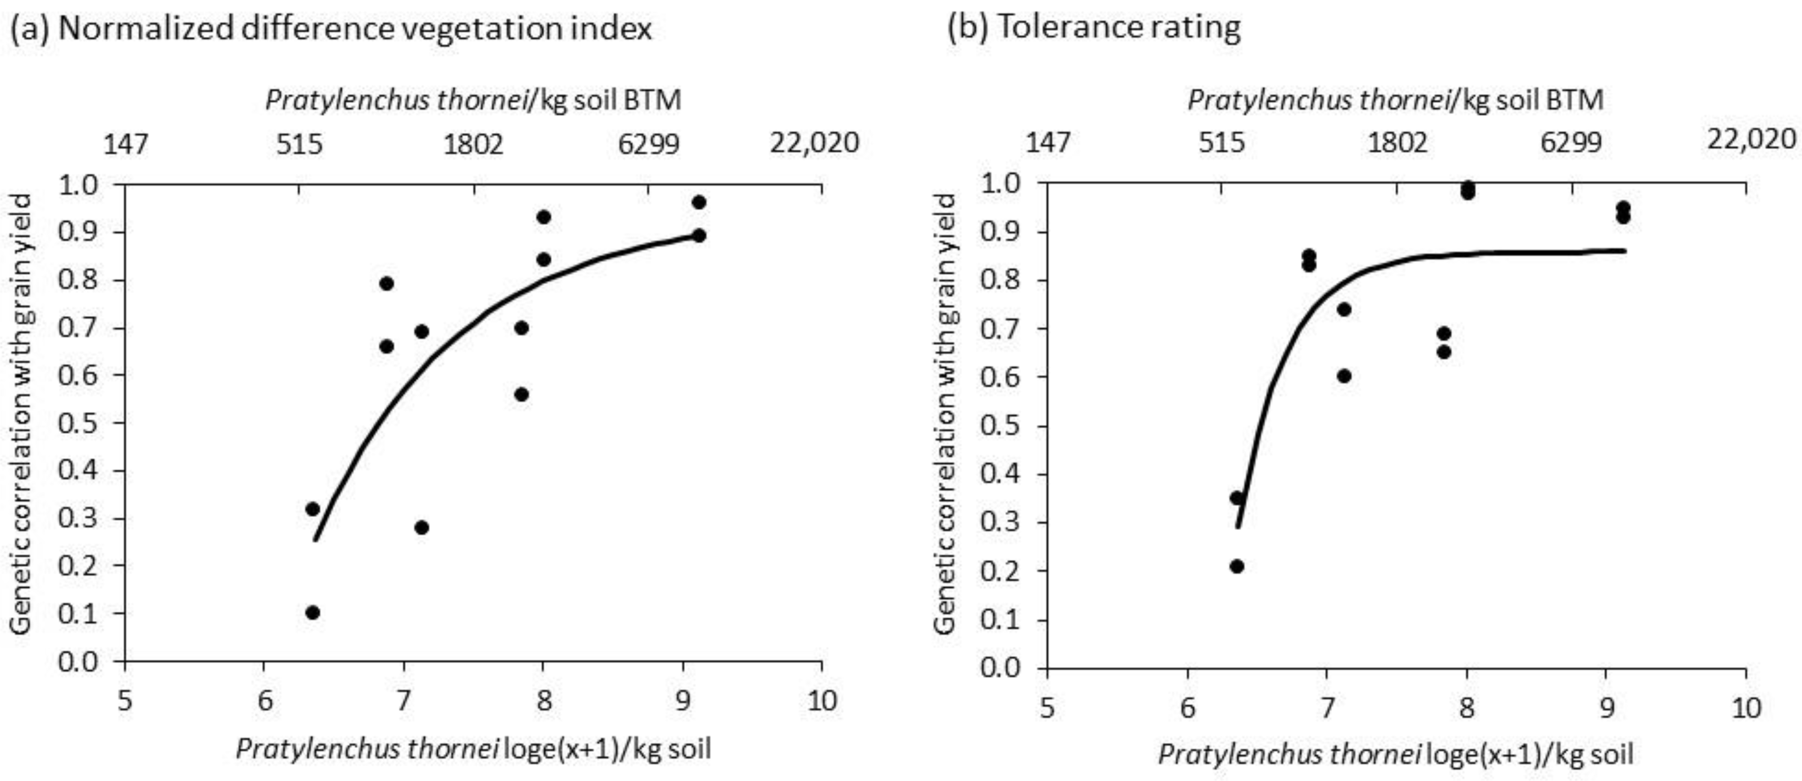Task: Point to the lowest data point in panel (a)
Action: coord(312,613)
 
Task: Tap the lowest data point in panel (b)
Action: coord(1237,566)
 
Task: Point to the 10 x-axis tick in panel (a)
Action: coord(821,700)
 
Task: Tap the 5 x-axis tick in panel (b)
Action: coord(1047,708)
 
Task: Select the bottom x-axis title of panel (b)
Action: coord(1396,754)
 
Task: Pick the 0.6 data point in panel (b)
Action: coord(1344,376)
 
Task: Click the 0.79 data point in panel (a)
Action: coord(387,283)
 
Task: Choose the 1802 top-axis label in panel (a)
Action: coord(474,144)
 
